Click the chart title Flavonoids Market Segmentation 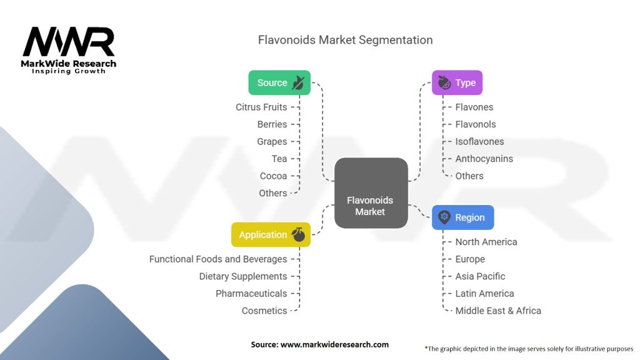tap(345, 40)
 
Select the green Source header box tap(279, 82)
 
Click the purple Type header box tap(457, 82)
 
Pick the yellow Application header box tap(271, 234)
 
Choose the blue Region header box tap(462, 217)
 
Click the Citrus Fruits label tap(261, 107)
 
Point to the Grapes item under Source tap(272, 141)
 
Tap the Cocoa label tap(273, 176)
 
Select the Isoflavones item tap(479, 141)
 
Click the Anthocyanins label tap(484, 159)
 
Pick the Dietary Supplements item tap(243, 276)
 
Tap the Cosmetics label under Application tap(264, 311)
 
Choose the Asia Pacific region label tap(480, 276)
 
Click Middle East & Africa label tap(498, 311)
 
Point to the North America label tap(486, 242)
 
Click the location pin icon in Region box tap(444, 217)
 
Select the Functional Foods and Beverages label tap(218, 259)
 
